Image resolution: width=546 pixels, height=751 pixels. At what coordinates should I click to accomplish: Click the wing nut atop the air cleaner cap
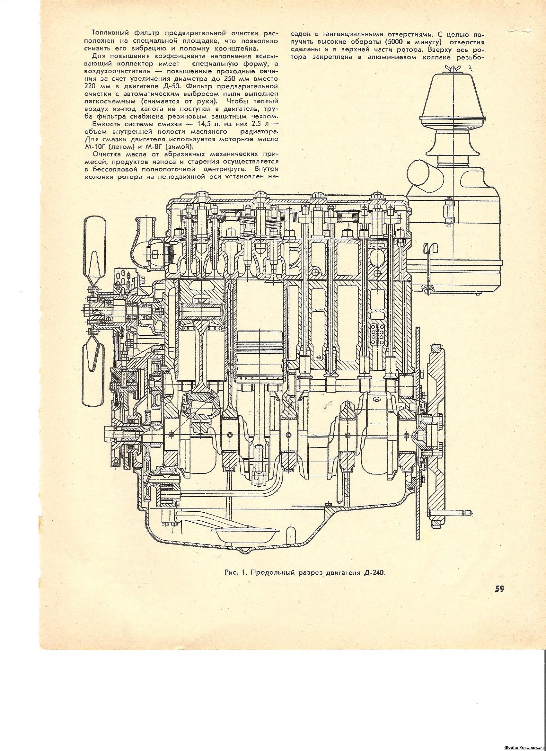pyautogui.click(x=452, y=68)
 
